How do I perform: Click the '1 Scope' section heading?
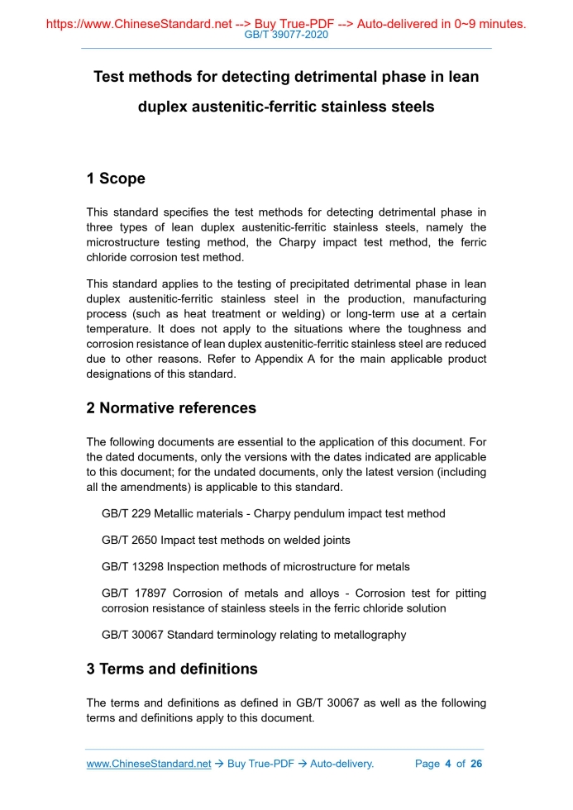pyautogui.click(x=116, y=179)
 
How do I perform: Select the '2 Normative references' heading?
pyautogui.click(x=171, y=408)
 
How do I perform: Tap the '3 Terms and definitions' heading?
pyautogui.click(x=172, y=669)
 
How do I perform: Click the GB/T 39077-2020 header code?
pyautogui.click(x=286, y=35)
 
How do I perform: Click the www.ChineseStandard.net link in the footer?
pyautogui.click(x=149, y=764)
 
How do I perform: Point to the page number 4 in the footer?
pyautogui.click(x=447, y=764)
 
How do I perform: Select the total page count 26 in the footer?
pyautogui.click(x=475, y=764)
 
